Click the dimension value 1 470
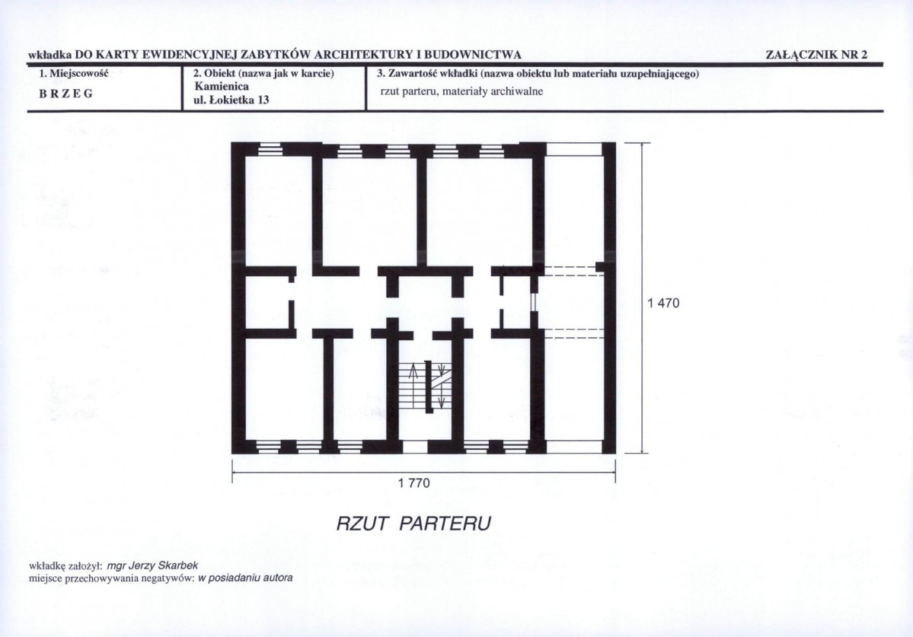tap(663, 303)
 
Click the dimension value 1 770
tap(414, 483)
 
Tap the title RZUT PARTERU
tap(413, 524)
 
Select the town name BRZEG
tap(65, 94)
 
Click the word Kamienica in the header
tap(222, 87)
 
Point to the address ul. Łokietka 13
tap(231, 100)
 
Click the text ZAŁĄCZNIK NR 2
tap(816, 55)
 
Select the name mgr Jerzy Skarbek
tap(153, 565)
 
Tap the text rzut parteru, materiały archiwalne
tap(461, 91)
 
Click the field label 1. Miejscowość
tap(74, 73)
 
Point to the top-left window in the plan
tap(270, 150)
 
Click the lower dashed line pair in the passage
tap(573, 333)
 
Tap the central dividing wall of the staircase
tap(429, 387)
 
